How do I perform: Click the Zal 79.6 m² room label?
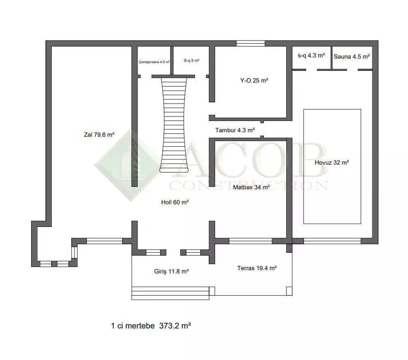coord(99,135)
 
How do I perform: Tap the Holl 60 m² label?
coord(175,202)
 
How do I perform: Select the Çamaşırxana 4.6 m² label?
coord(154,62)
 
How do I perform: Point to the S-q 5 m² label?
coord(192,60)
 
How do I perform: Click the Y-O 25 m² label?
coord(254,80)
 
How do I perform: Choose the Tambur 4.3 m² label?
coord(235,130)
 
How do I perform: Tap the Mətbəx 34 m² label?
coord(251,187)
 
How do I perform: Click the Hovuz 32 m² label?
coord(332,163)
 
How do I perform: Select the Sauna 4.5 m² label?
coord(352,57)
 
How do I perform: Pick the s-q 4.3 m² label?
coord(311,55)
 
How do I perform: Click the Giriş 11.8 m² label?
coord(171,271)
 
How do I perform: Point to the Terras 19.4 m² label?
coord(257,268)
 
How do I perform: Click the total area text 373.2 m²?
coord(175,326)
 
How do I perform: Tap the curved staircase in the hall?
coord(174,125)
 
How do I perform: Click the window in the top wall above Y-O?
coord(251,43)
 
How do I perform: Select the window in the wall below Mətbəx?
coord(250,241)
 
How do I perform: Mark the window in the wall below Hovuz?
coord(332,241)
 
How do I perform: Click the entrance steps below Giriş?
coord(170,293)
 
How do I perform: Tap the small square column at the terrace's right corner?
coord(289,291)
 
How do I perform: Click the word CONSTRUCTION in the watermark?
coord(249,186)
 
